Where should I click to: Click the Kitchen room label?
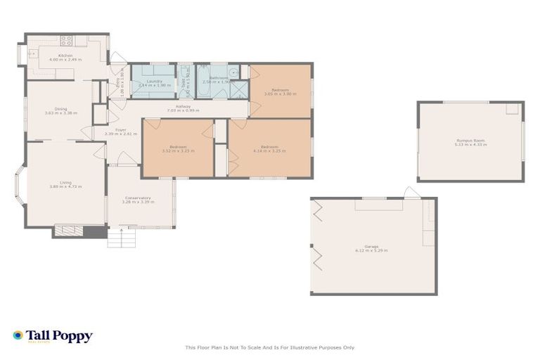pos(65,55)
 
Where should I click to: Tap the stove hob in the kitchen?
pos(67,41)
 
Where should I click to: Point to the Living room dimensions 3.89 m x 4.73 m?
pos(65,186)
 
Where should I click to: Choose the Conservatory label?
pos(139,198)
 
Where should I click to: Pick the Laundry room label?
pos(155,81)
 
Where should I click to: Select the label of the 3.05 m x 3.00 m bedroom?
pos(281,89)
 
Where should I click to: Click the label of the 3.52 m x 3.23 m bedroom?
pos(178,146)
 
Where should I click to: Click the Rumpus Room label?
pos(470,141)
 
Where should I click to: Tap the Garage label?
pos(371,246)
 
